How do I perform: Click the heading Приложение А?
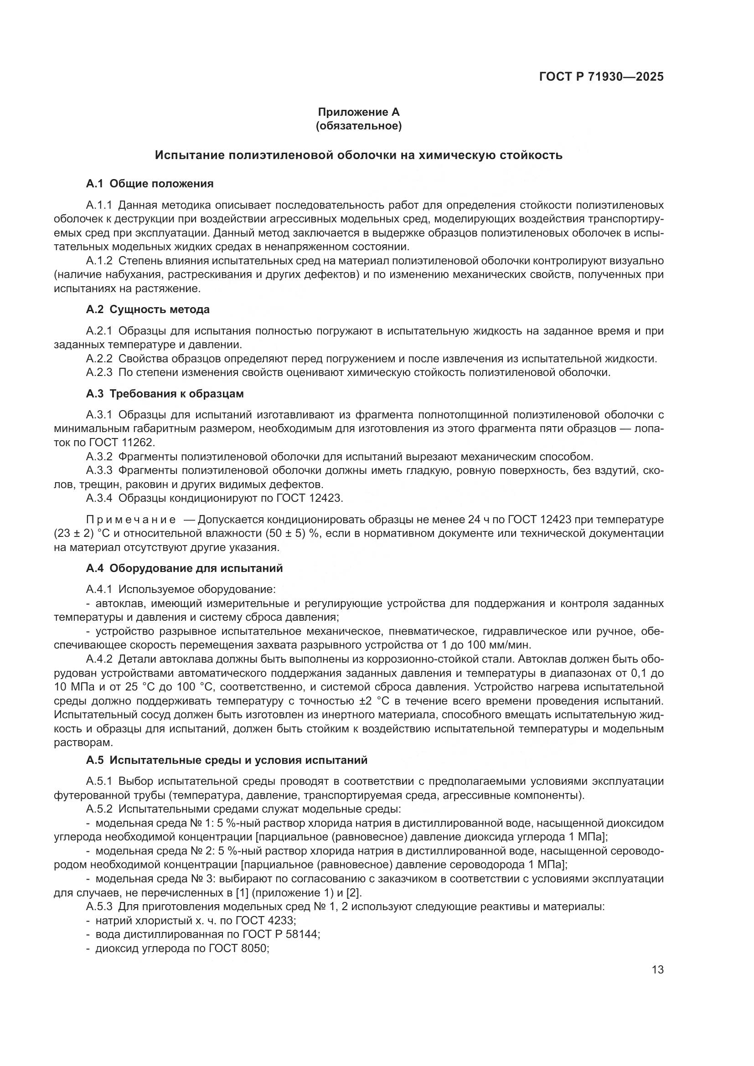coord(358,113)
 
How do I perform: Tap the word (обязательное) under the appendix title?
coord(358,126)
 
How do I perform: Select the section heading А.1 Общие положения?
coord(150,183)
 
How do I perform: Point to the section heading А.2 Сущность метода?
coord(148,309)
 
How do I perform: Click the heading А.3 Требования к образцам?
coord(165,394)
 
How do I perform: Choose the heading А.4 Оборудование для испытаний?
coord(184,568)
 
